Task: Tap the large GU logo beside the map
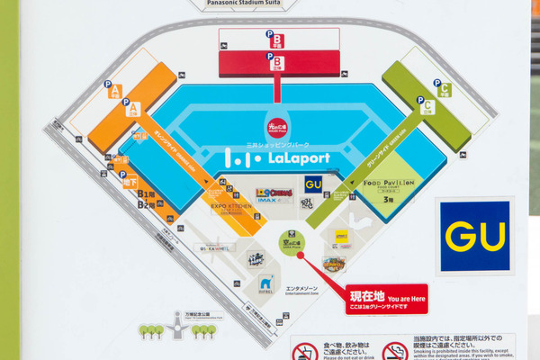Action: pos(474,237)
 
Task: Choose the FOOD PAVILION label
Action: pos(388,183)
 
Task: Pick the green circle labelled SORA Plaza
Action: pos(285,242)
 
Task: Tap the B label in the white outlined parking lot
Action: pos(278,40)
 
